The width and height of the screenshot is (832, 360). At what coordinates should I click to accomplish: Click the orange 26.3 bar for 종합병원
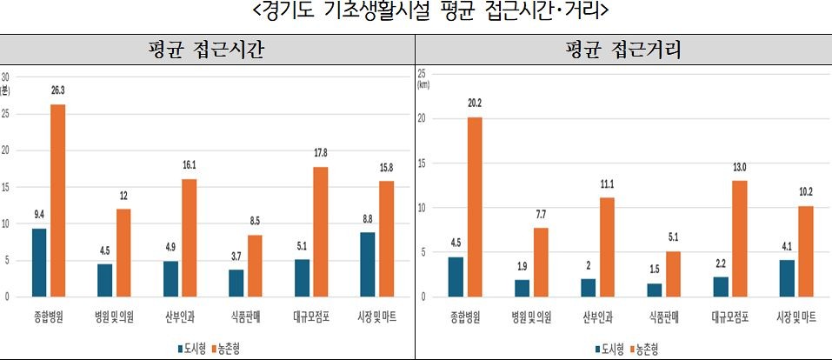click(57, 200)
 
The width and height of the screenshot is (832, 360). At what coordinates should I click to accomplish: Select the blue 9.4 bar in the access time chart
click(38, 262)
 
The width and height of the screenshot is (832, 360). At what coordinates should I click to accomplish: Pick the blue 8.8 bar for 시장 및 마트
click(367, 264)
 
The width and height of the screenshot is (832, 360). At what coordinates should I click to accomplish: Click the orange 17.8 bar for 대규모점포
click(321, 231)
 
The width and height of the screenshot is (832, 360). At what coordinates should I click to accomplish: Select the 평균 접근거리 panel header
click(622, 50)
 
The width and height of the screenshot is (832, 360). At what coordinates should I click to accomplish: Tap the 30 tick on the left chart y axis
click(7, 76)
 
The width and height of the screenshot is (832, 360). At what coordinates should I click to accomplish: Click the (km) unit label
click(424, 85)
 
